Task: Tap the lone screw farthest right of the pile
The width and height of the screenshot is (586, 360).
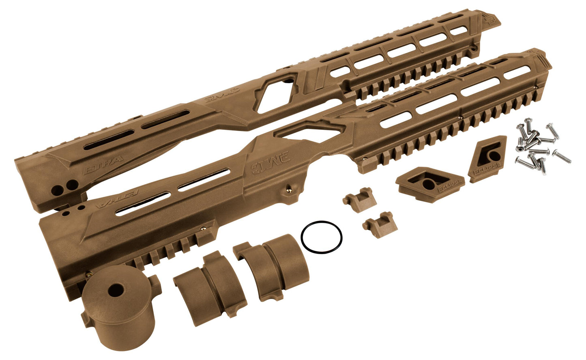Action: [562, 155]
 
